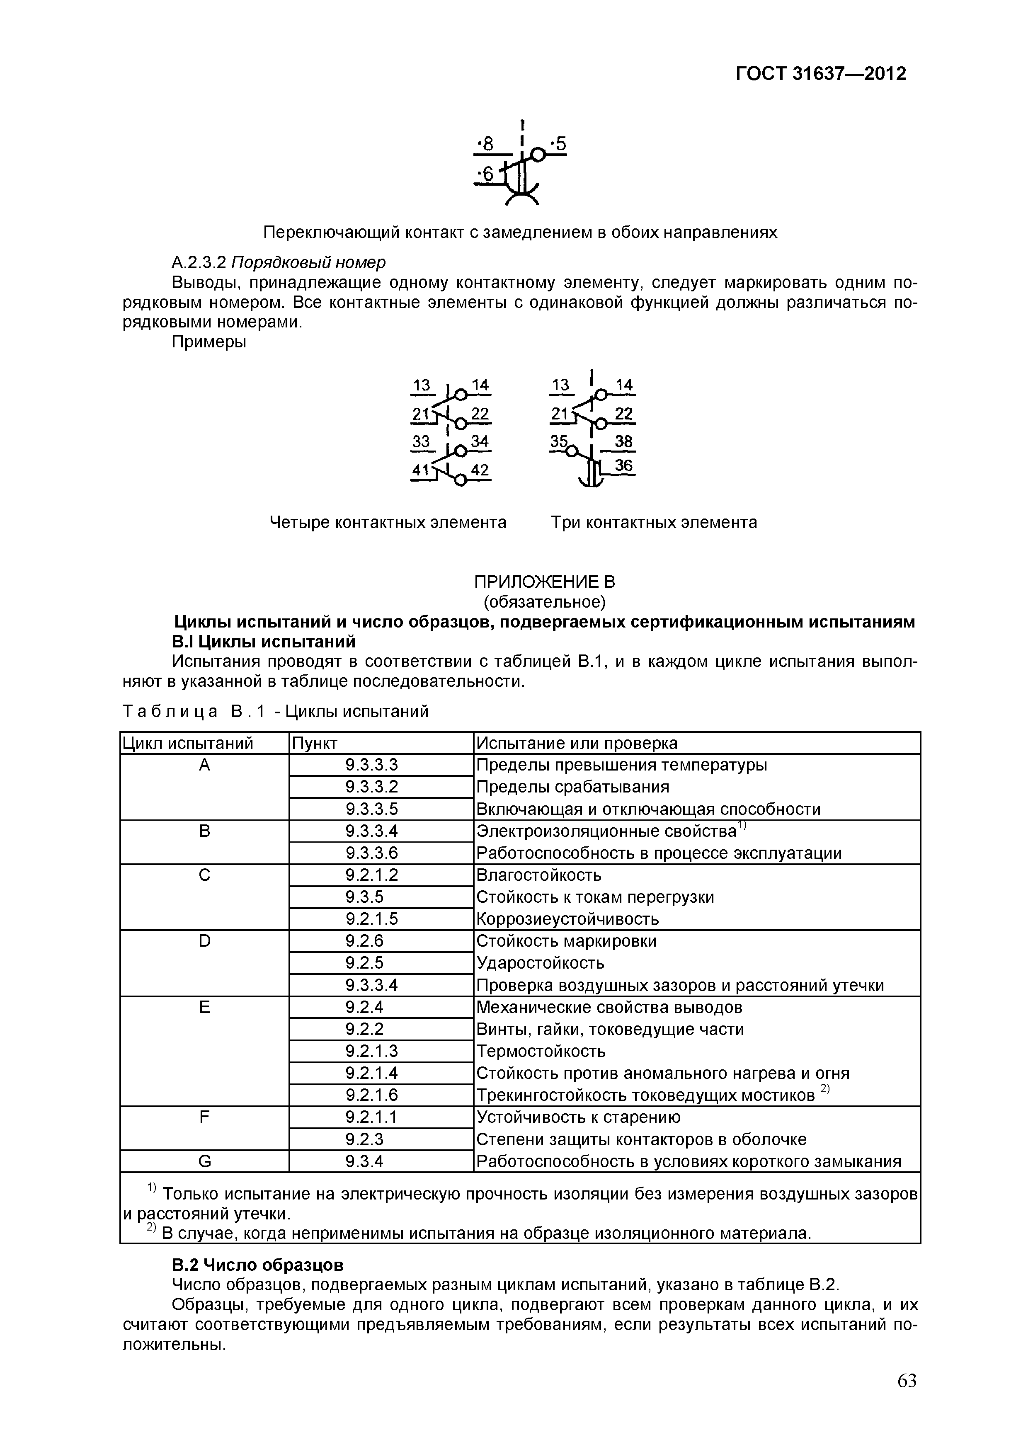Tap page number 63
[x=907, y=1398]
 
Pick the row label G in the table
[x=204, y=1161]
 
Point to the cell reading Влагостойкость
[x=538, y=875]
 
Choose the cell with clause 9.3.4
[x=364, y=1161]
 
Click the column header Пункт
[x=314, y=743]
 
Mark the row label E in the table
[x=204, y=1007]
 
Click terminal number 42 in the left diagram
[x=480, y=470]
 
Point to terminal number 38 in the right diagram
[x=623, y=441]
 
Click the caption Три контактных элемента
[x=654, y=522]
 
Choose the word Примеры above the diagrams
[x=209, y=342]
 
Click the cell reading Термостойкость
[x=540, y=1051]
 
